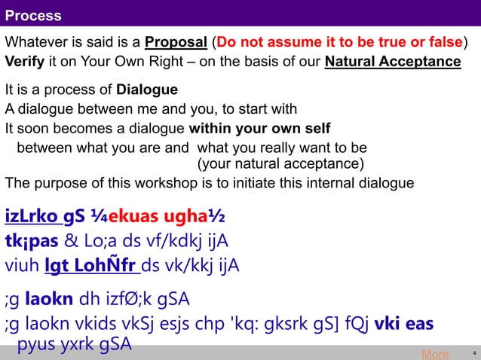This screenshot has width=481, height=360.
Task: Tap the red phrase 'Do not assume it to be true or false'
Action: pos(339,41)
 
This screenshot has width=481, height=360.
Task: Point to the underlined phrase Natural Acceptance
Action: pos(392,61)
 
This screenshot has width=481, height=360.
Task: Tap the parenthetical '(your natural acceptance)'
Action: pos(280,164)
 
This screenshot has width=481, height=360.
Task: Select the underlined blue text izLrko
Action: pos(32,217)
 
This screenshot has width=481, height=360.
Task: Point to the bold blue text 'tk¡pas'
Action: pos(31,242)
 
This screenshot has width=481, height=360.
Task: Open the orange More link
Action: pos(435,354)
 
